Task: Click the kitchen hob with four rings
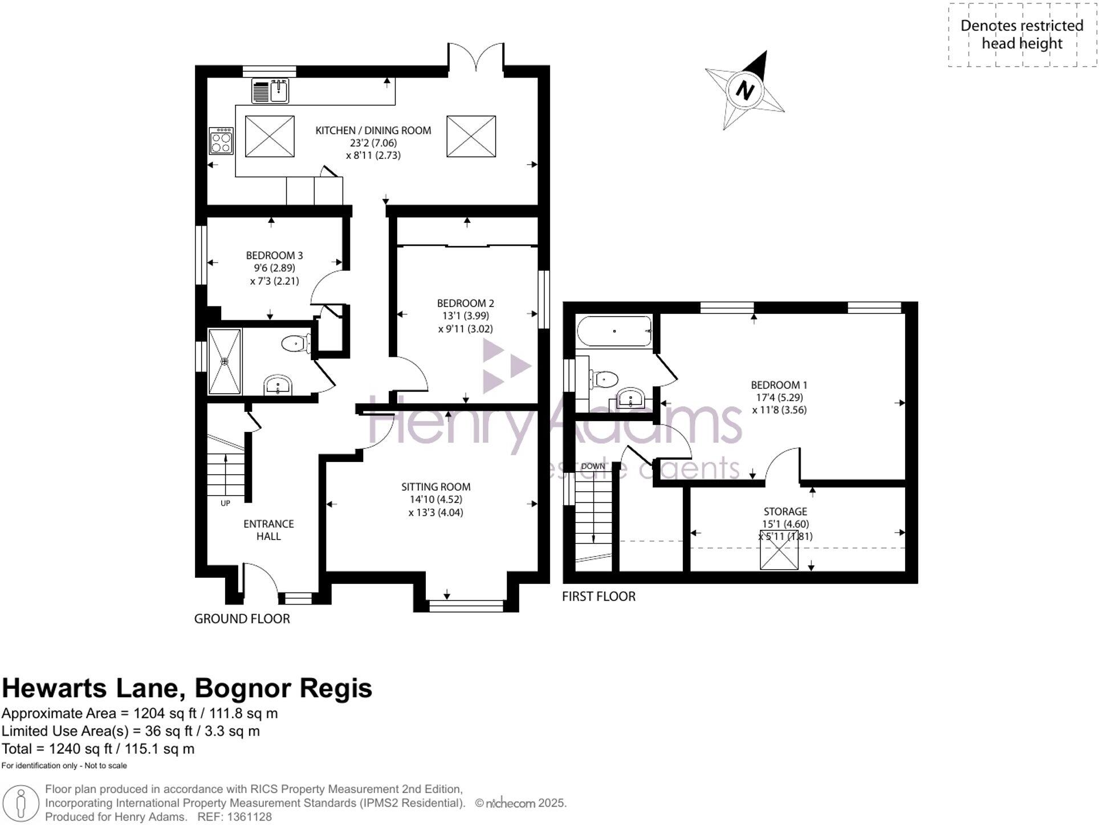(x=221, y=141)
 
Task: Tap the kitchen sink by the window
(x=271, y=91)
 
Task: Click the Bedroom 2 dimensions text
(x=465, y=322)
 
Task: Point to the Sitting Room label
(x=435, y=487)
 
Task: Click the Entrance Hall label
(x=268, y=530)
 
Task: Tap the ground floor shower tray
(x=225, y=361)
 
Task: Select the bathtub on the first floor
(x=614, y=331)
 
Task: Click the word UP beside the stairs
(x=225, y=504)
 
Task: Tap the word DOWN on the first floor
(x=593, y=466)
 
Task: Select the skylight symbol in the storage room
(x=779, y=550)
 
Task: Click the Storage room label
(x=785, y=512)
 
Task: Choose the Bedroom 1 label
(x=779, y=385)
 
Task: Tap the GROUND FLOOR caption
(x=242, y=619)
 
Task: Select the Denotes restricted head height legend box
(x=1021, y=35)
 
